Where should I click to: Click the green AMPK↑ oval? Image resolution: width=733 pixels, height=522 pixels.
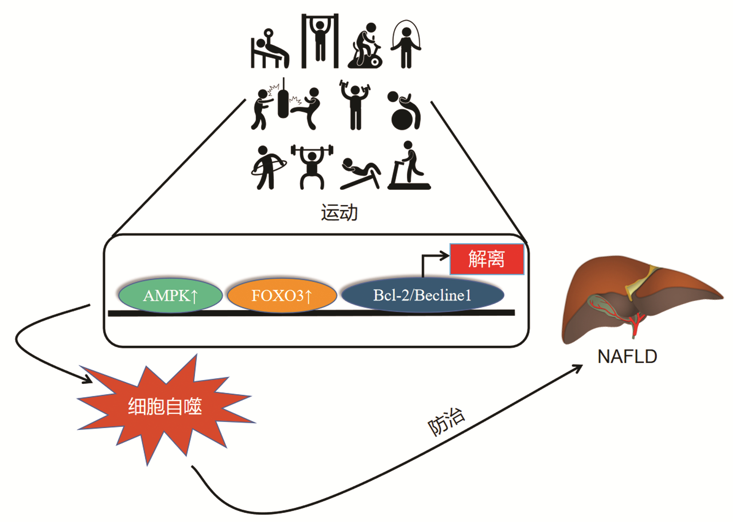tap(170, 295)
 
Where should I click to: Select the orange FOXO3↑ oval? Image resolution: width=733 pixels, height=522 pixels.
tap(282, 295)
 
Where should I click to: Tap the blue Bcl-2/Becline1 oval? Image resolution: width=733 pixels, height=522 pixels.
tap(422, 295)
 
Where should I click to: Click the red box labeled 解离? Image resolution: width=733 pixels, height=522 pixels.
tap(487, 259)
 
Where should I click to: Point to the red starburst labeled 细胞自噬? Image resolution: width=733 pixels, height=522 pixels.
tap(165, 406)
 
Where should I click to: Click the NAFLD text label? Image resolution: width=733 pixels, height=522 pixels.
tap(627, 356)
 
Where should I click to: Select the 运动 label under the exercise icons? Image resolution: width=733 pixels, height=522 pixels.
tap(339, 213)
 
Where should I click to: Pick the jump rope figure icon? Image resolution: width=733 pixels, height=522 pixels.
tap(405, 44)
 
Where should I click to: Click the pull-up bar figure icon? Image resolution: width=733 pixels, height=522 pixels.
tap(320, 41)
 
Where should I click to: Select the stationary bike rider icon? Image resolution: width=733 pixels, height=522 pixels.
tap(366, 46)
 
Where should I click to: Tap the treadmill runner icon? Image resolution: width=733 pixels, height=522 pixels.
tap(409, 167)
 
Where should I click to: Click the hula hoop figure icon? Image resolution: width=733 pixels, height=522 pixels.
tap(268, 167)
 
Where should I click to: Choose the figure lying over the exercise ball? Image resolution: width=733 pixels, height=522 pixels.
tap(404, 111)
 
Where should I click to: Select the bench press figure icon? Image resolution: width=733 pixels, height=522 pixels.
tap(269, 50)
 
